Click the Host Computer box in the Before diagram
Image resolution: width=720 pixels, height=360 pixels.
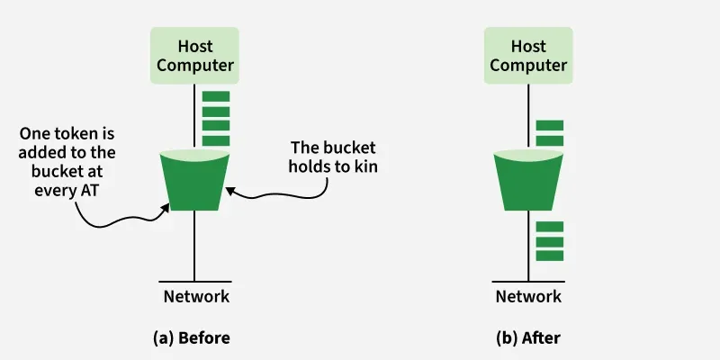point(195,54)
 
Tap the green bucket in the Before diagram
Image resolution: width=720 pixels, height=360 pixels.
point(195,180)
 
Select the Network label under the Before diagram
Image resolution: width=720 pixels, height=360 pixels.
point(195,296)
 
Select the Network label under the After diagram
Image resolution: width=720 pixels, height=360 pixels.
point(528,296)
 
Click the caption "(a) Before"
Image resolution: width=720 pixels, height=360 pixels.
point(191,337)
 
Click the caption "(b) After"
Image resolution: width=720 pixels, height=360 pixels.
point(528,337)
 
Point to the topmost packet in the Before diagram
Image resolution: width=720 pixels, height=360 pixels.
point(216,96)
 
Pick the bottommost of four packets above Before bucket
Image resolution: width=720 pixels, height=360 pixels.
point(216,140)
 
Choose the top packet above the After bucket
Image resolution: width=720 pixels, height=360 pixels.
point(549,125)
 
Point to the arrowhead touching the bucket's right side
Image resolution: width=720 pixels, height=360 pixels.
point(229,189)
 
